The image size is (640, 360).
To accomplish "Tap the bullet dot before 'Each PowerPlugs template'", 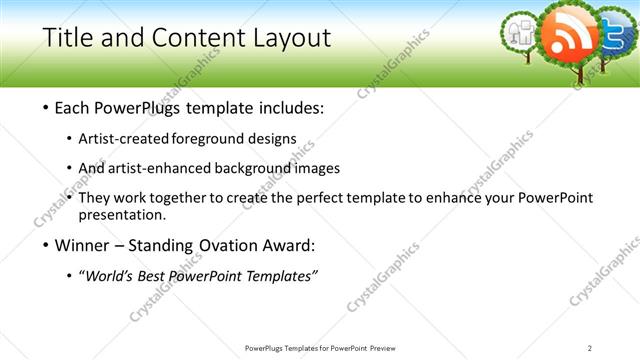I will pyautogui.click(x=48, y=107).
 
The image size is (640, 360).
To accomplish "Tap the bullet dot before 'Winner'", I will pyautogui.click(x=48, y=246).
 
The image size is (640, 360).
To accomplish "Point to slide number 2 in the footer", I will pyautogui.click(x=590, y=348).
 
